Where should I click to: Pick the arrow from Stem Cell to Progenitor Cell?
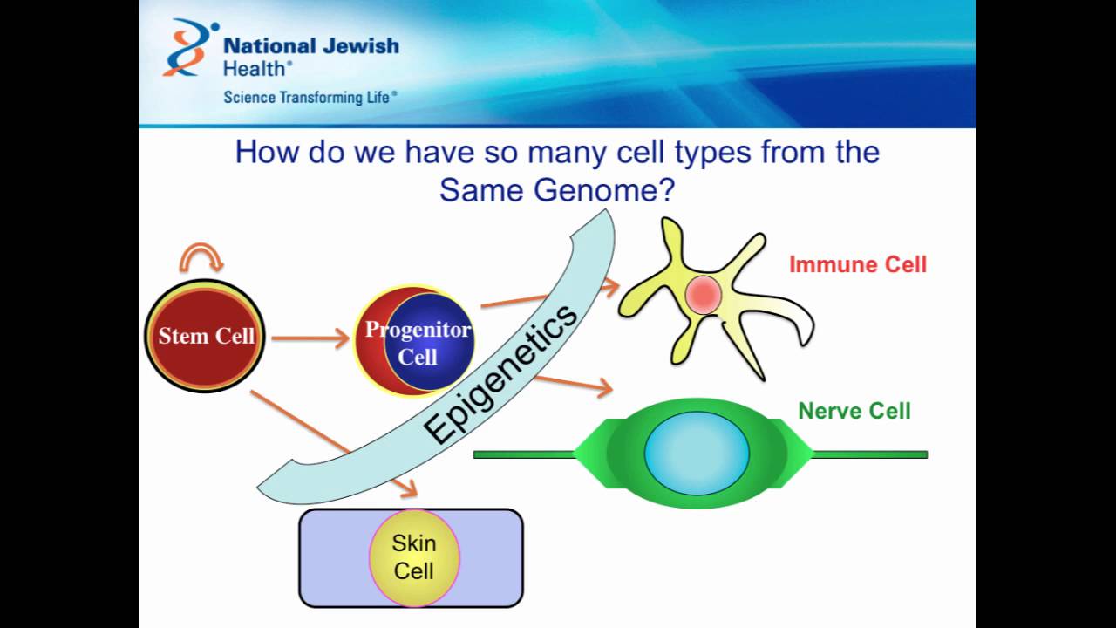point(310,338)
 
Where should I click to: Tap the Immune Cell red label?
point(857,264)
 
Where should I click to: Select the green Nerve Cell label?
point(854,411)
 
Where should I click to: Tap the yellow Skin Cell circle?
point(414,556)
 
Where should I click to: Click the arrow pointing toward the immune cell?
point(549,294)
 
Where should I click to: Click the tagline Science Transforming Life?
point(310,97)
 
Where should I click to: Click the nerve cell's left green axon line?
point(524,454)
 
